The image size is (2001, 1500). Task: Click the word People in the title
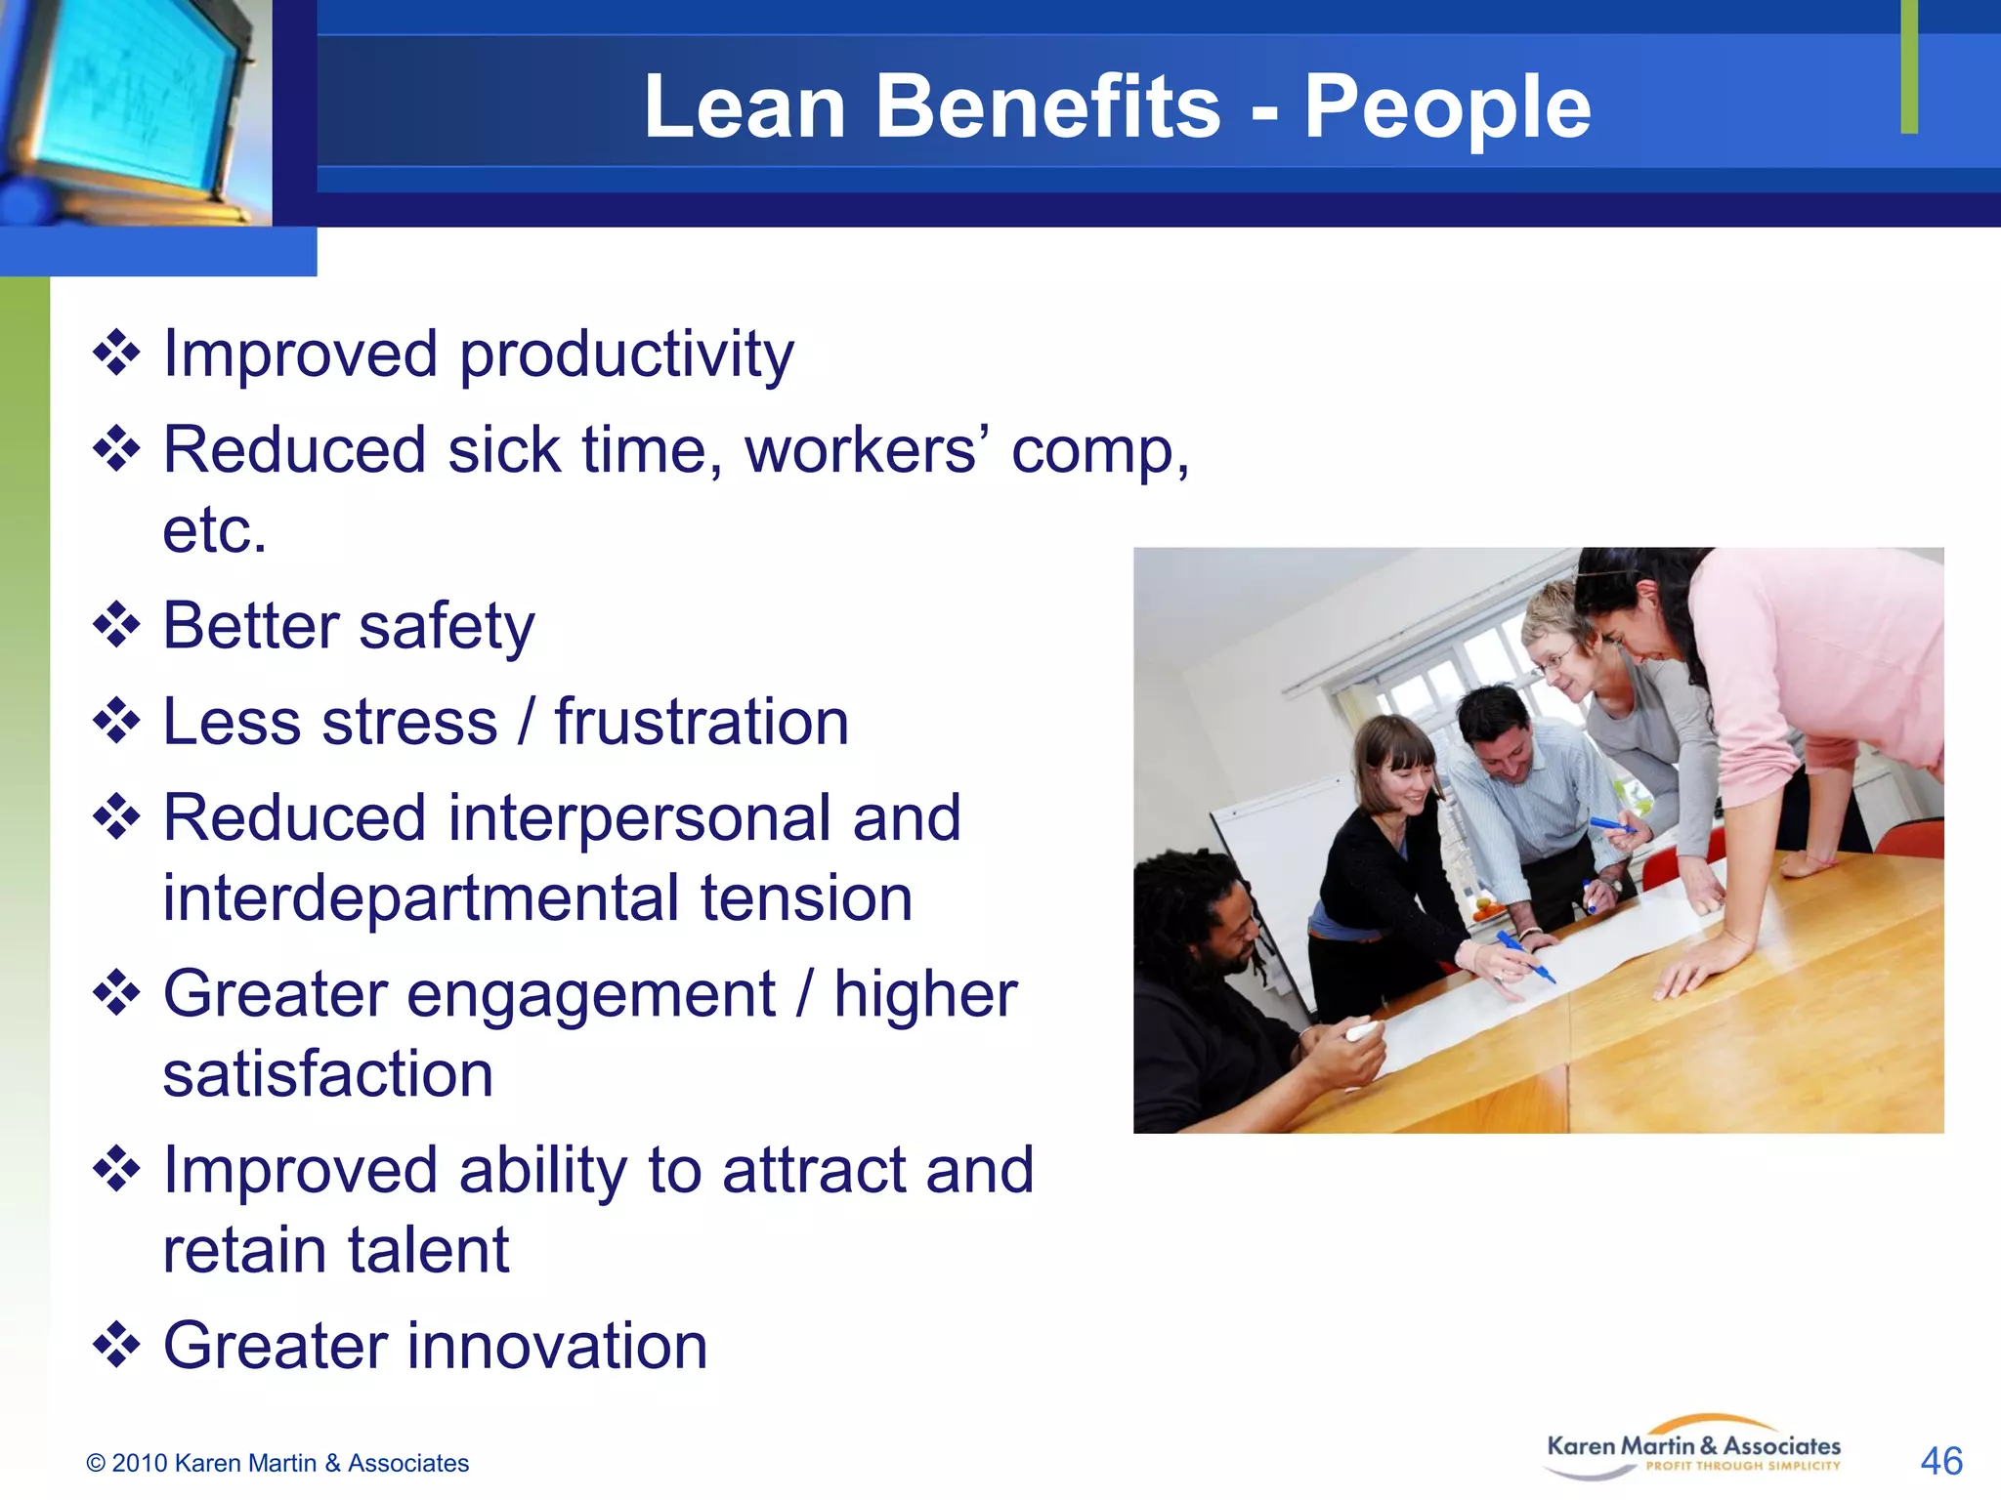point(1447,107)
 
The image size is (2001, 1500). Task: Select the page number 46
point(1940,1461)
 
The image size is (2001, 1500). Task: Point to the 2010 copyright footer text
point(277,1463)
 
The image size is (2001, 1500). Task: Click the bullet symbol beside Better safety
point(116,625)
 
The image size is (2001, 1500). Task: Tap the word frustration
point(702,723)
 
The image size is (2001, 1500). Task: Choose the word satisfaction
point(327,1074)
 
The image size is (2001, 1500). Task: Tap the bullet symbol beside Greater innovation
point(116,1345)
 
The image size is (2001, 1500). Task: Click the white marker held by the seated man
point(1360,1031)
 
